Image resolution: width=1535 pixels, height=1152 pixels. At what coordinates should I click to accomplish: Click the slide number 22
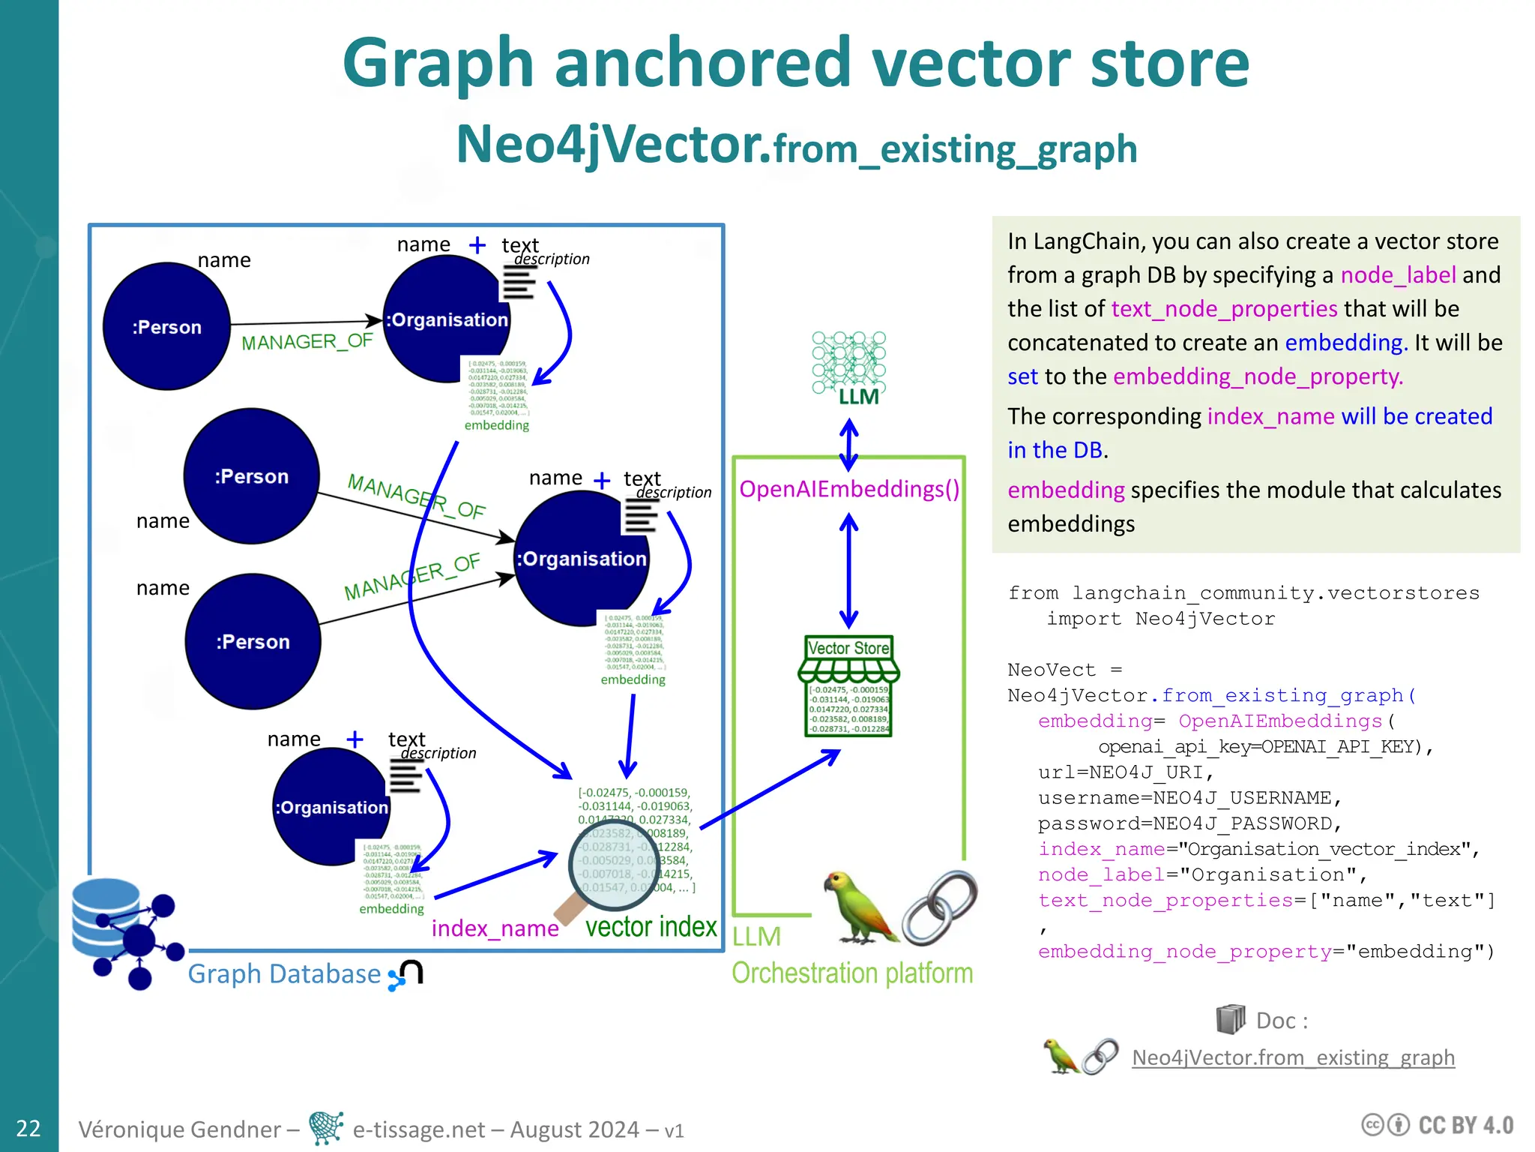[x=28, y=1128]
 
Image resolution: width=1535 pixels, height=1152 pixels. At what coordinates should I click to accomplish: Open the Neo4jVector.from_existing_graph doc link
[x=1293, y=1057]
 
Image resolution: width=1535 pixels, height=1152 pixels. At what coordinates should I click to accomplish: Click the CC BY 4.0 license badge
[x=1438, y=1125]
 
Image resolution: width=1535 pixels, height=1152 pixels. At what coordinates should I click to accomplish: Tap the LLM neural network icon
[x=848, y=364]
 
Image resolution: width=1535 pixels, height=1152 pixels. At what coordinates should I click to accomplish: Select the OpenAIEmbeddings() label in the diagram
[x=848, y=489]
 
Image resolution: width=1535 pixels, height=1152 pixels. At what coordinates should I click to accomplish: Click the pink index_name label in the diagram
[x=495, y=928]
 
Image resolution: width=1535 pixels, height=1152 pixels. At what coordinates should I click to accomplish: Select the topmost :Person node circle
[x=166, y=327]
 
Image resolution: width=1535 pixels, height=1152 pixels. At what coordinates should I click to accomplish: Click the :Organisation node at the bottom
[x=331, y=807]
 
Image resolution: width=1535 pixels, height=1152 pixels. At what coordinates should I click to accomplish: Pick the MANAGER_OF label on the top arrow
[x=307, y=342]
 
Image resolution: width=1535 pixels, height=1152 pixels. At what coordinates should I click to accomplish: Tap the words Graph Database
[x=284, y=973]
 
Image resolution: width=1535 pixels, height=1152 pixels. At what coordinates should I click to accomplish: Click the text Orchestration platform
[x=852, y=973]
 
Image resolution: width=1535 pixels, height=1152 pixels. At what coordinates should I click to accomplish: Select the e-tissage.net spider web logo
[x=326, y=1128]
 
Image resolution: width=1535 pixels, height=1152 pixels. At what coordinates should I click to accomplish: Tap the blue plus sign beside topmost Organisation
[x=477, y=245]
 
